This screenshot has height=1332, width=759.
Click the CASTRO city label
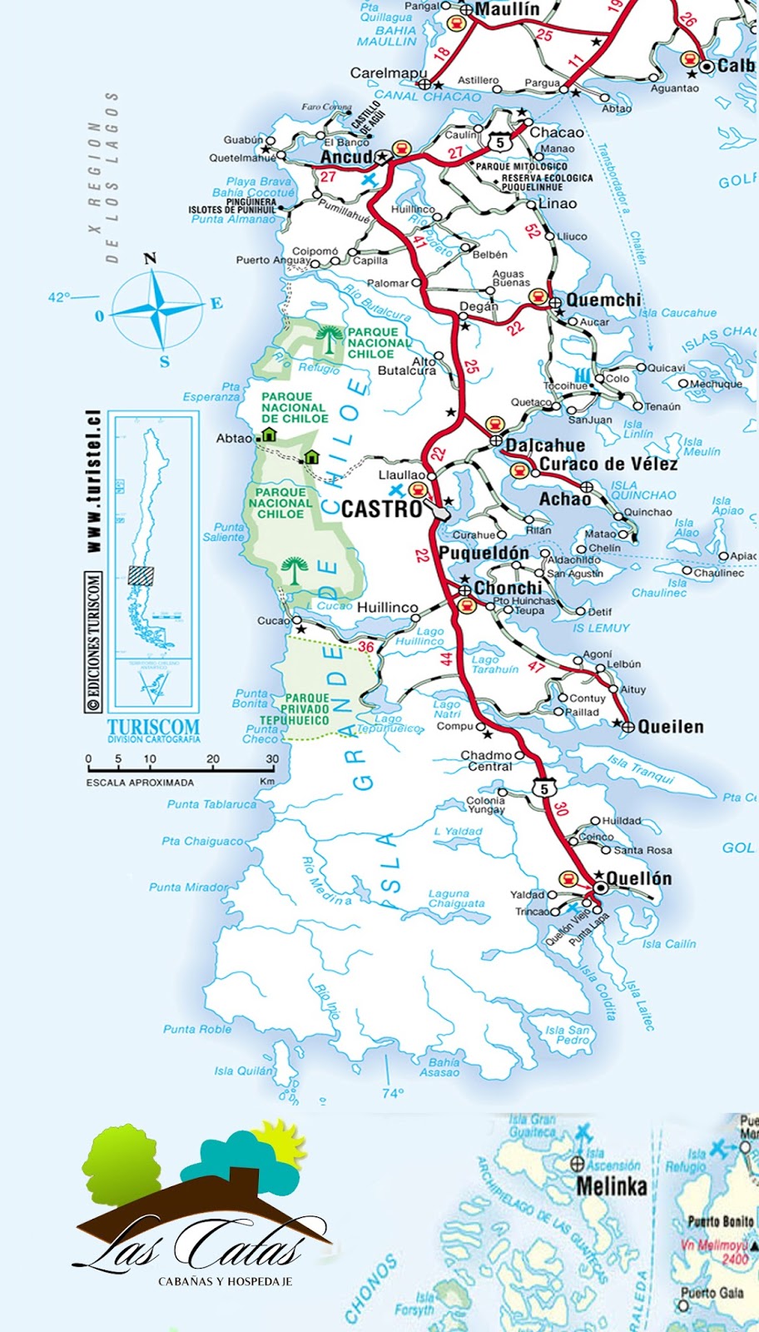click(x=382, y=509)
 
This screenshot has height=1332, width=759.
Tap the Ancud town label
click(x=346, y=157)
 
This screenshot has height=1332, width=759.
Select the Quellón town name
click(x=638, y=877)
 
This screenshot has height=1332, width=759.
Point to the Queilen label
click(x=670, y=727)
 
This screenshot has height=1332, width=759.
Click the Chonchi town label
click(x=508, y=588)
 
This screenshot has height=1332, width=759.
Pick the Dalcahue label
click(x=545, y=445)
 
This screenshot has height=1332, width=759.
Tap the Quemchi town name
click(x=603, y=300)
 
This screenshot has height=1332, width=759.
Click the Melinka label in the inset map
click(x=611, y=1185)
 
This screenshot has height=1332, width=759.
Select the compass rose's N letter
click(x=150, y=258)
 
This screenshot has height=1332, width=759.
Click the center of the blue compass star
click(x=156, y=310)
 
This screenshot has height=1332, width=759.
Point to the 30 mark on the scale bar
click(x=272, y=758)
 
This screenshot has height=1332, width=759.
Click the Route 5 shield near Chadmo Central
click(x=543, y=788)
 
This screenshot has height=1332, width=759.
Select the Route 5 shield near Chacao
click(x=499, y=142)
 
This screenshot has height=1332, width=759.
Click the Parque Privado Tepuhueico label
click(x=306, y=709)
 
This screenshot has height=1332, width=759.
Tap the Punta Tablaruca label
click(x=211, y=804)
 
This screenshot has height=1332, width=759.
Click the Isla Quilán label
click(x=243, y=1071)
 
